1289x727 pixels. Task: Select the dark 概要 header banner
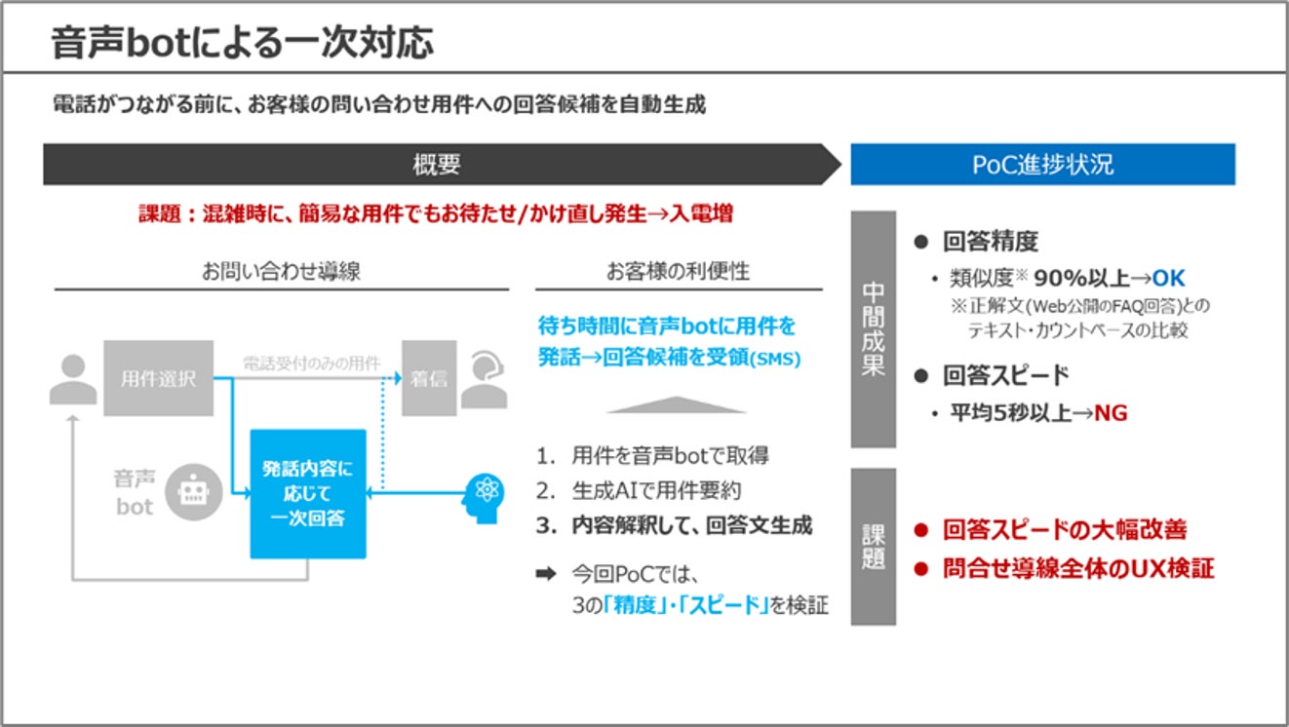(436, 165)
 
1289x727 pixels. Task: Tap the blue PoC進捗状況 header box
(1042, 165)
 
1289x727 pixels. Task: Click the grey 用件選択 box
(158, 378)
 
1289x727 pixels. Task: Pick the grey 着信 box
(429, 378)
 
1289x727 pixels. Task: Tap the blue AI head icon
(485, 493)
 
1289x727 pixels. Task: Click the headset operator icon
(484, 379)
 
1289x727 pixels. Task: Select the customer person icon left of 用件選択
(72, 379)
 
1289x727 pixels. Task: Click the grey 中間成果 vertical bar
(873, 329)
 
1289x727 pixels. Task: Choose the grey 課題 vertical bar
(873, 547)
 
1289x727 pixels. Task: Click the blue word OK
(1168, 279)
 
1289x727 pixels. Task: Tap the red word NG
(1110, 413)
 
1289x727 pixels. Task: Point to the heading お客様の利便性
(678, 272)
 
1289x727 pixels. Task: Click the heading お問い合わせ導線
(281, 272)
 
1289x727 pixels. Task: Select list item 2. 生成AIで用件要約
(644, 491)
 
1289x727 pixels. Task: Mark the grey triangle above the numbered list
(676, 404)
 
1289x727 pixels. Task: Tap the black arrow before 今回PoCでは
(545, 574)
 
